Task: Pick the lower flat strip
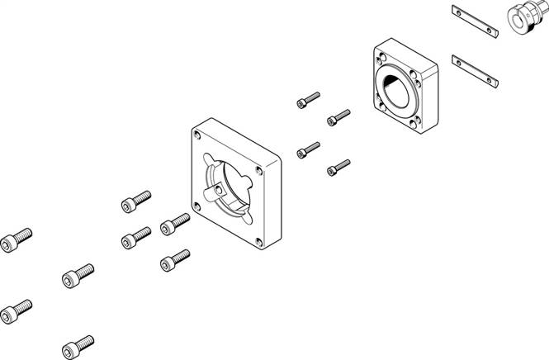point(477,71)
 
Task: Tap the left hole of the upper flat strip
point(458,12)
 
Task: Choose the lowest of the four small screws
point(337,168)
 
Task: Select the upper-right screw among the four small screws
point(338,117)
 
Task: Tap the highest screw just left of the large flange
point(136,201)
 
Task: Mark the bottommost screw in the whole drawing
point(77,341)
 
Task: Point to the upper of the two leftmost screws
point(17,239)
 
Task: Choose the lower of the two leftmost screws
point(17,312)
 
